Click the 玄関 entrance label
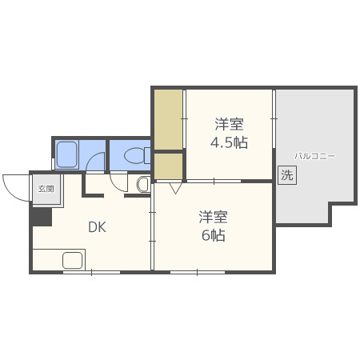tap(45, 189)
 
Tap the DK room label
tap(97, 226)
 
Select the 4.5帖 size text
tap(228, 143)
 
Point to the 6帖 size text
tap(214, 235)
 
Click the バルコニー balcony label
tap(314, 155)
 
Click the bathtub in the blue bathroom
tap(67, 154)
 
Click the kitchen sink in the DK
tap(73, 260)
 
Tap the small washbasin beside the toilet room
tap(143, 185)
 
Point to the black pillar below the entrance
tap(41, 214)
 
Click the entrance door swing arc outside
tap(14, 187)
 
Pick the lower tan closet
tap(168, 165)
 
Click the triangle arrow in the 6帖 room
tap(174, 189)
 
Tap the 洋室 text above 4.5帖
tap(228, 125)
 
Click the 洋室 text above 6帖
tap(214, 217)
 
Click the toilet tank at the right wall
tap(147, 155)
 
